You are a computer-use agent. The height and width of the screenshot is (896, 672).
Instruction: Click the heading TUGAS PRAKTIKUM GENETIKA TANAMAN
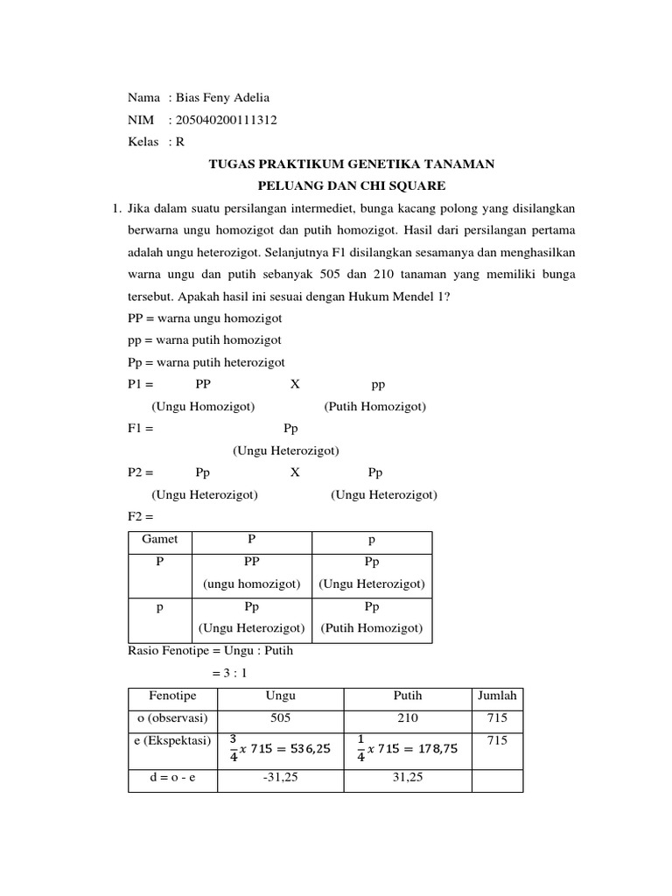click(x=351, y=164)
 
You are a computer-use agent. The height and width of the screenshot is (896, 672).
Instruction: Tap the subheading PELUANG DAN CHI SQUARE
click(x=351, y=185)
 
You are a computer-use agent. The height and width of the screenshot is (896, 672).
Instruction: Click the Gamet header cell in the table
click(x=159, y=540)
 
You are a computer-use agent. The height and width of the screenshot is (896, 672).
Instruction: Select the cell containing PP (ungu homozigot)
click(x=251, y=573)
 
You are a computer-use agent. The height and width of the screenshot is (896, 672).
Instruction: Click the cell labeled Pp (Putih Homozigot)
click(x=371, y=617)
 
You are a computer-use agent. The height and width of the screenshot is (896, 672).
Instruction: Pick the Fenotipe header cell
click(x=172, y=696)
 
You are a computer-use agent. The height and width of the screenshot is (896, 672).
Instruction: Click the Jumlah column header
click(x=497, y=696)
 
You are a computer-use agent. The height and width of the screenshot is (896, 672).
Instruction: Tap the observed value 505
click(x=280, y=718)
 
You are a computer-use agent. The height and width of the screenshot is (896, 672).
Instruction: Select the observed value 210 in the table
click(x=407, y=718)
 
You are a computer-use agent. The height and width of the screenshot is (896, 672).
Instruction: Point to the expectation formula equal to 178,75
click(x=407, y=749)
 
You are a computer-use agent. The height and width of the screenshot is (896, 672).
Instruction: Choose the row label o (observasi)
click(x=172, y=718)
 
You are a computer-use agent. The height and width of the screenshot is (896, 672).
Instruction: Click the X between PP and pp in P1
click(x=295, y=384)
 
